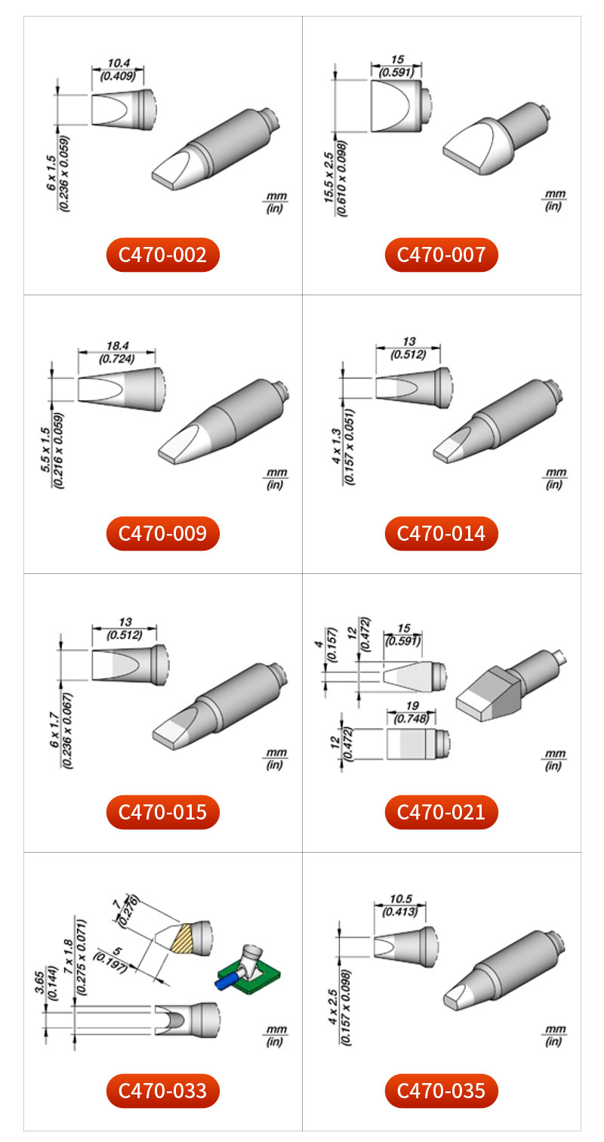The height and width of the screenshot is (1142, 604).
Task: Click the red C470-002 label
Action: coord(162,255)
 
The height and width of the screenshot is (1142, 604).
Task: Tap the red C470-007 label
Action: coord(442,255)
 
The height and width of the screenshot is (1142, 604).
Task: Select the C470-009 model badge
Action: coord(162,533)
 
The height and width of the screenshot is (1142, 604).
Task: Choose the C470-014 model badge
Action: coord(442,533)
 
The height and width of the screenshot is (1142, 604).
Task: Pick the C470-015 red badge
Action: coord(162,812)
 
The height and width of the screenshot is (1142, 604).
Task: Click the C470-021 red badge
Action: coord(442,812)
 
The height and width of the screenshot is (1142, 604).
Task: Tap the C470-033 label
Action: coord(162,1091)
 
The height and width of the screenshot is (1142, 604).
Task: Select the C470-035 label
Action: coord(442,1091)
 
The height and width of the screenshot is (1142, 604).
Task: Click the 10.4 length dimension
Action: coord(119,63)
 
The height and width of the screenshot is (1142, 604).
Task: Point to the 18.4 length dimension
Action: coord(118,346)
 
